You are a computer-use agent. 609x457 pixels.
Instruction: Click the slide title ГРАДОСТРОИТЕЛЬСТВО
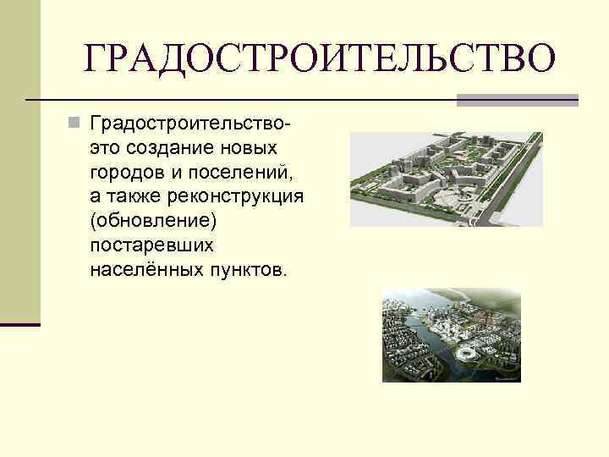(321, 58)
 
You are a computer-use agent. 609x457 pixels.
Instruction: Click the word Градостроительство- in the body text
(192, 125)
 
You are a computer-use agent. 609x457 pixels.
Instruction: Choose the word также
(132, 197)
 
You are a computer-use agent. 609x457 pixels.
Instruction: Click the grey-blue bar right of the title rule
(517, 100)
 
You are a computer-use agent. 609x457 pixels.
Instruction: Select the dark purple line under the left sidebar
(20, 324)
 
